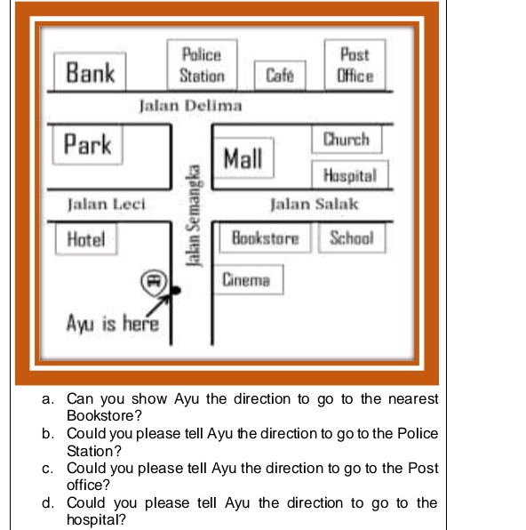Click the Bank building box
(x=91, y=71)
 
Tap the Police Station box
(x=202, y=65)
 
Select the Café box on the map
(x=281, y=76)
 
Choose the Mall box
(x=243, y=158)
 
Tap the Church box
(x=347, y=140)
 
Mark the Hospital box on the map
(x=350, y=175)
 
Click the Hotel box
(x=86, y=238)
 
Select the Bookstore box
(x=266, y=238)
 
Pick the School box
(x=352, y=238)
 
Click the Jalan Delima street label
(x=190, y=106)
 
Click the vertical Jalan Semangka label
(x=189, y=213)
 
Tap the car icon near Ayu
(x=153, y=281)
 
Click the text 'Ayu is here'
(x=113, y=323)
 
